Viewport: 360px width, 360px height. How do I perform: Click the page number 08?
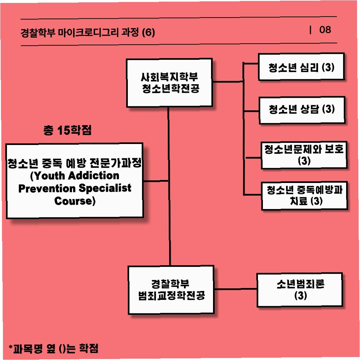[x=325, y=30]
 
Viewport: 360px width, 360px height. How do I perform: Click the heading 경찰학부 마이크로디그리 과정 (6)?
[x=88, y=33]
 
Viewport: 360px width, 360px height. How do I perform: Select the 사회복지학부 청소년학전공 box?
[x=169, y=83]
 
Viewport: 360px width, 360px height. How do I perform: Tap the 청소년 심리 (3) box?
[x=302, y=67]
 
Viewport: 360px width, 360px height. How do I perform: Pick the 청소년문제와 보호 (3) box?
[x=304, y=155]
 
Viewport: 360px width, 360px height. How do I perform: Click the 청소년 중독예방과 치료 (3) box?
[x=304, y=196]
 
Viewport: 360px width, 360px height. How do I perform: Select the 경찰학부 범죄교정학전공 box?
[x=171, y=290]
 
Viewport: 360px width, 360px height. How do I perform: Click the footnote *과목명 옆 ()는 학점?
[x=54, y=348]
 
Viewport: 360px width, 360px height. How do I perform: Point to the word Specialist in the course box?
[x=105, y=188]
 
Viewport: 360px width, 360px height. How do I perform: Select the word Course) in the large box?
[x=75, y=201]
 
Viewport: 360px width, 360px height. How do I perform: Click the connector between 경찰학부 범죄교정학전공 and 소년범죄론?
[x=235, y=289]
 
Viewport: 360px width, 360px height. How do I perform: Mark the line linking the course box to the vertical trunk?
[x=156, y=181]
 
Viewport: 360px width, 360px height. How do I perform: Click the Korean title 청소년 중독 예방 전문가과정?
[x=74, y=163]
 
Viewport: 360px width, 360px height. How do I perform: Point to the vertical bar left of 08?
[x=310, y=30]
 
